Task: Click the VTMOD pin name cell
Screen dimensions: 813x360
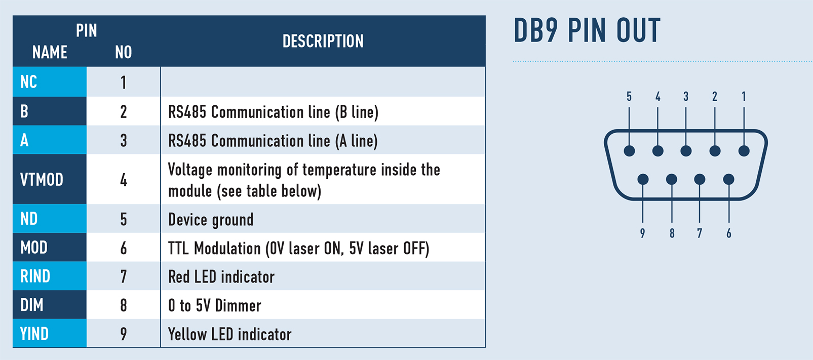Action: (x=50, y=179)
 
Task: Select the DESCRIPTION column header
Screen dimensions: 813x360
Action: (x=323, y=41)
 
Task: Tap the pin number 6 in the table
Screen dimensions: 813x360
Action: (x=124, y=248)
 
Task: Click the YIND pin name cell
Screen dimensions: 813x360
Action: (x=50, y=334)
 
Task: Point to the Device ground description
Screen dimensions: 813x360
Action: (x=211, y=220)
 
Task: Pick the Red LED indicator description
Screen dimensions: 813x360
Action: (x=221, y=277)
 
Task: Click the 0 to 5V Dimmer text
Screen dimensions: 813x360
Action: (x=214, y=305)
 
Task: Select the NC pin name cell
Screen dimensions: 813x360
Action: (x=50, y=82)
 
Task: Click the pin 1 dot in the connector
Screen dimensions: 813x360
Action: (x=744, y=151)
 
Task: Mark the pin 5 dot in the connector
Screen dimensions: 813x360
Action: (x=629, y=151)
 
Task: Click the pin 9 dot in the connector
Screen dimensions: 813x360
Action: (x=643, y=179)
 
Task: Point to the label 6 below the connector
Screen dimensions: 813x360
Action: (x=729, y=233)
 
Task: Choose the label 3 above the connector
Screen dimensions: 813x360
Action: (x=686, y=97)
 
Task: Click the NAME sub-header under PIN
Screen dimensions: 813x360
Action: (x=50, y=52)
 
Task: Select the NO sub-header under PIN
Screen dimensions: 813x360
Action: (x=124, y=52)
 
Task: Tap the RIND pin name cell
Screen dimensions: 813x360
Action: (x=50, y=276)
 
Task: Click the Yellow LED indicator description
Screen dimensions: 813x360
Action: (x=230, y=334)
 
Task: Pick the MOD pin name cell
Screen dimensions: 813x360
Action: (x=50, y=247)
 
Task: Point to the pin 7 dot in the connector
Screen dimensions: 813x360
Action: (x=700, y=179)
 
